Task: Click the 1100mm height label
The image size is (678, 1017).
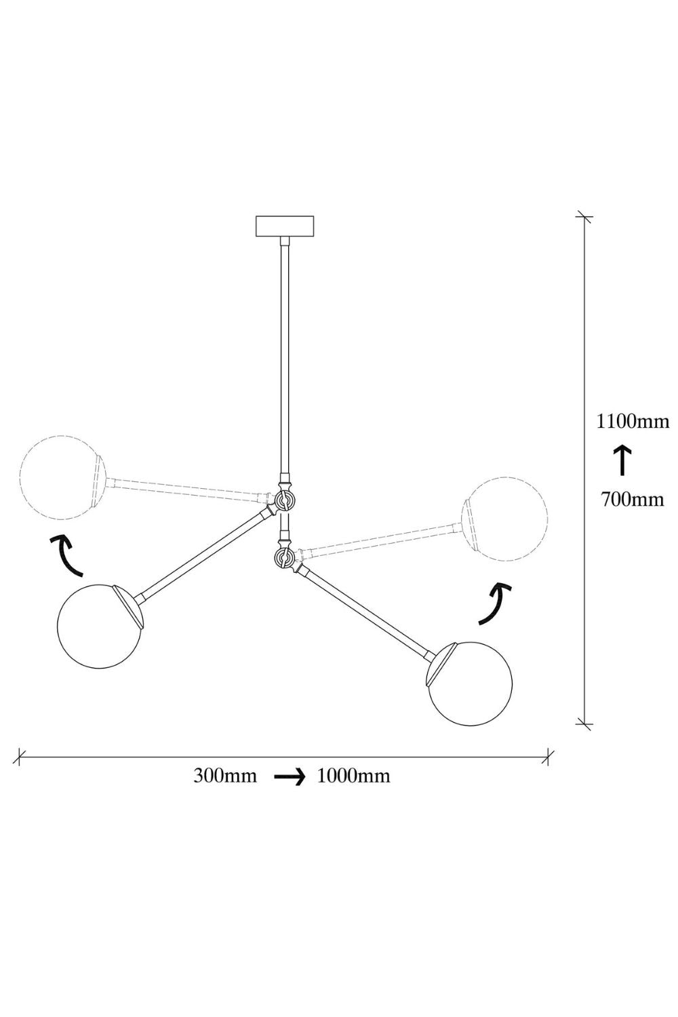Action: [x=632, y=422]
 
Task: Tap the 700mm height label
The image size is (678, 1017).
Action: [x=632, y=500]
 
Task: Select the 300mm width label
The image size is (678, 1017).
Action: [x=225, y=776]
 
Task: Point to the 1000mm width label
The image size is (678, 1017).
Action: [x=353, y=776]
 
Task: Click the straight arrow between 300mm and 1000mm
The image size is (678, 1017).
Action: [x=290, y=778]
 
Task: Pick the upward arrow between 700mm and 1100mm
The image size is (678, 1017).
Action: [x=622, y=460]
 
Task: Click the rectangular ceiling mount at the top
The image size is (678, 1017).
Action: [x=285, y=226]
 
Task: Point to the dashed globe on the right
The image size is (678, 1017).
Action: [x=504, y=519]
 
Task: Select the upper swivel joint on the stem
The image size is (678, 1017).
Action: [x=285, y=501]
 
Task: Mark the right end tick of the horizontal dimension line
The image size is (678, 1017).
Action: [x=549, y=757]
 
